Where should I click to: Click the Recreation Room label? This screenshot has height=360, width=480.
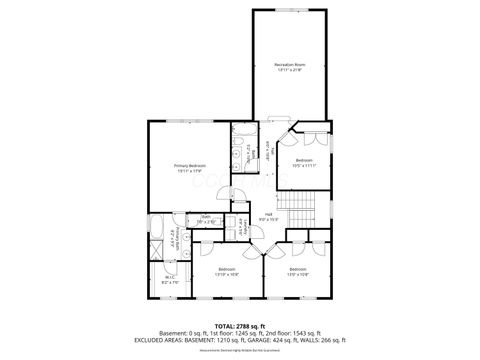[289, 64]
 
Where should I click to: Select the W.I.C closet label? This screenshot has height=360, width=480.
[170, 279]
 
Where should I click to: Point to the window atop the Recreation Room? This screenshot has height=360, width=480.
[289, 11]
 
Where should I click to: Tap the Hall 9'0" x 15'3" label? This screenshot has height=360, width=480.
[269, 216]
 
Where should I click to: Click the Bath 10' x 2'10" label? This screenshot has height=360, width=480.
[205, 219]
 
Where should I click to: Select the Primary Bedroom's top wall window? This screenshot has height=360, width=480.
[189, 122]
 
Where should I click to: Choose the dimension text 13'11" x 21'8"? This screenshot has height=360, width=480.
[289, 70]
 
